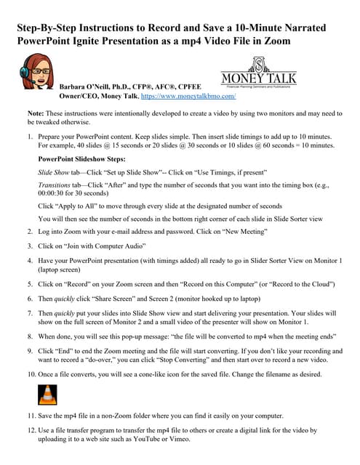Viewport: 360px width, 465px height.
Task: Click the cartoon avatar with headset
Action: click(x=39, y=79)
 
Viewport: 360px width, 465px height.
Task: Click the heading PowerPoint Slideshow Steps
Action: click(x=81, y=159)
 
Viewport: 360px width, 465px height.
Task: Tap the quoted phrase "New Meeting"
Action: click(x=244, y=230)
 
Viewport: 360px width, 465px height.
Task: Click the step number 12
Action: click(x=31, y=430)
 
